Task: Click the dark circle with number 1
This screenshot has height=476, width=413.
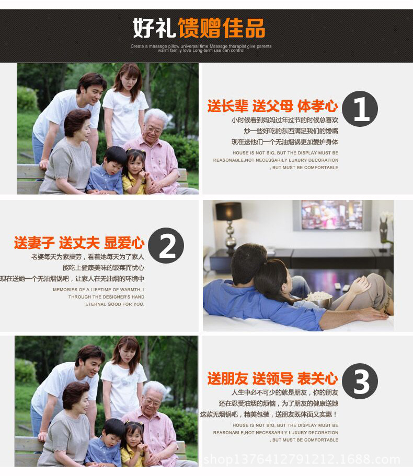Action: [361, 109]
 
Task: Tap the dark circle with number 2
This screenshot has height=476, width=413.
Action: [166, 245]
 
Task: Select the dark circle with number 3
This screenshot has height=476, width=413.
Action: [361, 382]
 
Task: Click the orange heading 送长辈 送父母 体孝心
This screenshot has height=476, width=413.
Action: [272, 106]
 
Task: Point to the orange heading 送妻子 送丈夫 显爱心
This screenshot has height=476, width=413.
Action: [79, 243]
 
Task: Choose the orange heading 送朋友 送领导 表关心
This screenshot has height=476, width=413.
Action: [272, 379]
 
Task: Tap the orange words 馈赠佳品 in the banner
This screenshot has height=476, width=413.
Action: [221, 28]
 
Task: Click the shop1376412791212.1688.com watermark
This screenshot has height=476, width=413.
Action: [302, 460]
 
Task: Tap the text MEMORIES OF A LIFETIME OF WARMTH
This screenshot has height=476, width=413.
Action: [98, 290]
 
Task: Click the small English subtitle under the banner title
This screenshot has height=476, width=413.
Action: [201, 48]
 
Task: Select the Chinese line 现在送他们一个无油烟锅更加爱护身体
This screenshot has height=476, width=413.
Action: [284, 141]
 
